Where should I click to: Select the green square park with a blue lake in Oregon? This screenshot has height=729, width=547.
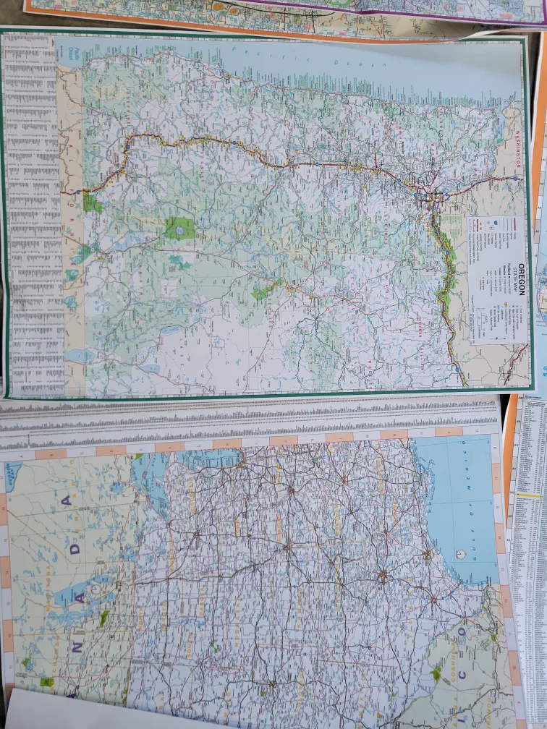[179, 228]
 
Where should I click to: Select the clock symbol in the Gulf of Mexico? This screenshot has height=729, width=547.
[460, 553]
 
